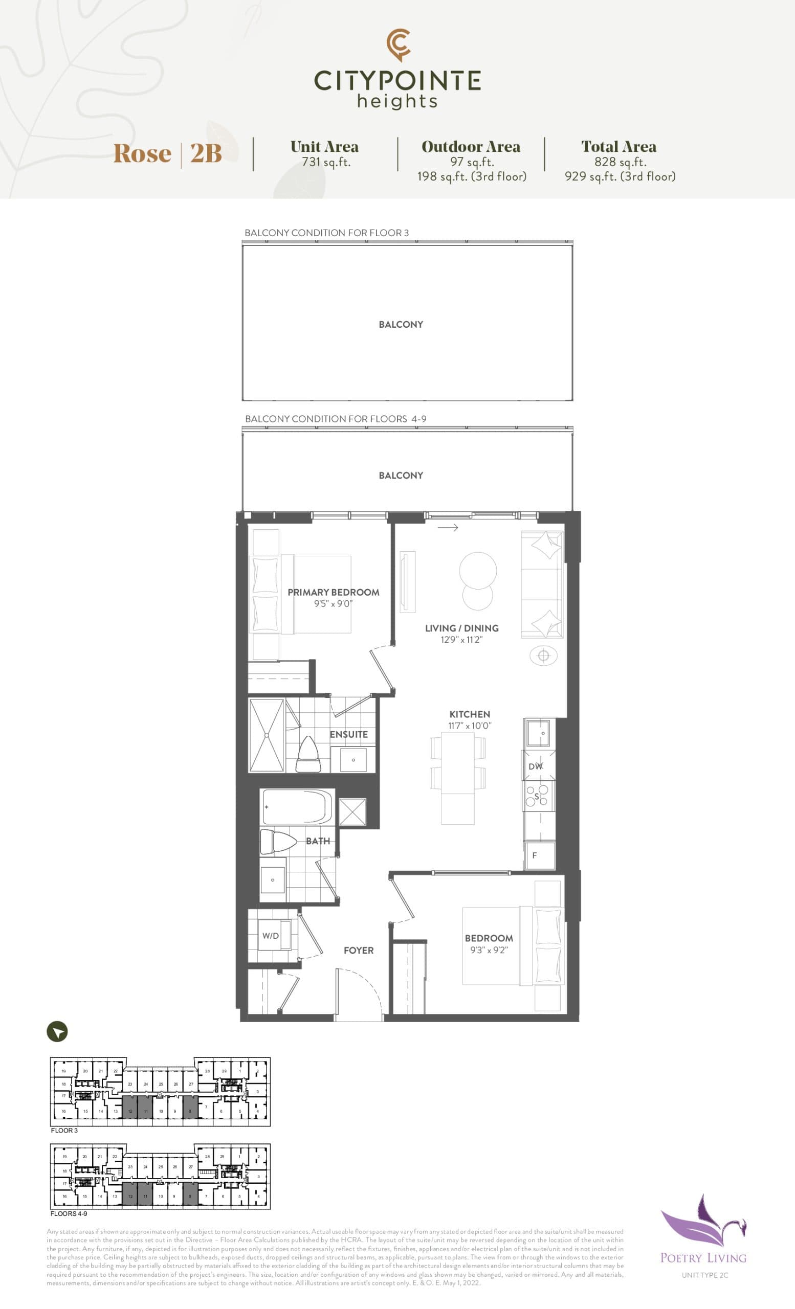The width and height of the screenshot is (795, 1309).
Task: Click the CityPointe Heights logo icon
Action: tap(398, 44)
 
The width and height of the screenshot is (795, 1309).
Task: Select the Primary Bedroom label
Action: tap(333, 592)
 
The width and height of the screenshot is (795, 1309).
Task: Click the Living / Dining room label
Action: tap(461, 628)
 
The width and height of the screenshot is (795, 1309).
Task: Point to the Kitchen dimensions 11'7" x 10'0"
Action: tap(470, 726)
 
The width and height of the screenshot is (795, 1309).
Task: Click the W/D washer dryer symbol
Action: tap(271, 936)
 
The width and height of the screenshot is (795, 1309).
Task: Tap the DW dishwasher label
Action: tap(535, 766)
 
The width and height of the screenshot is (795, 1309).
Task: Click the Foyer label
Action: tap(359, 951)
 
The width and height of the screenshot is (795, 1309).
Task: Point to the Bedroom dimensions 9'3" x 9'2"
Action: tap(489, 950)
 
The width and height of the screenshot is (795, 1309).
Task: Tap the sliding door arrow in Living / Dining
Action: tap(448, 528)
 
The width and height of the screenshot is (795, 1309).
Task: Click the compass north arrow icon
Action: tap(57, 1032)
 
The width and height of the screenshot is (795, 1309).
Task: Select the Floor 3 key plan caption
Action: tap(64, 1131)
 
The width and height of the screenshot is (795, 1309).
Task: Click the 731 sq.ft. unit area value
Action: tap(326, 162)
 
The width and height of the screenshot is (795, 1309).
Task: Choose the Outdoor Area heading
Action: tap(471, 147)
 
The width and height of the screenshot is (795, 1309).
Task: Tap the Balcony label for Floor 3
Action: tap(401, 325)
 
